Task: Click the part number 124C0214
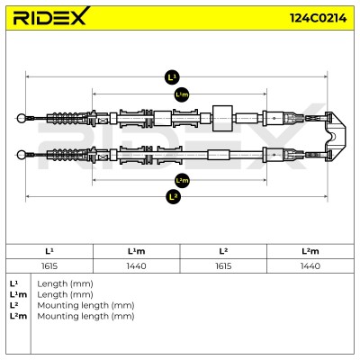coord(319,18)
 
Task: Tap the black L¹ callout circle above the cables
coord(172,77)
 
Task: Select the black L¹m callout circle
coord(182,94)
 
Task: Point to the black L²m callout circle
coord(182,180)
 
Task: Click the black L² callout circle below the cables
coord(173,196)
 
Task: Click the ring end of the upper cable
coord(22,118)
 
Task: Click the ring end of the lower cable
coord(22,155)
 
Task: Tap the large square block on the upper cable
coord(222,118)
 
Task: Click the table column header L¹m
coord(137,251)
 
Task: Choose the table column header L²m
coord(310,251)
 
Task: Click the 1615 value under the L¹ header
coord(49,266)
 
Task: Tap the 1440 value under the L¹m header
coord(137,266)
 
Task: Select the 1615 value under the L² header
coord(223,266)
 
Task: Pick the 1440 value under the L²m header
coord(310,266)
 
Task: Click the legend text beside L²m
coord(85,316)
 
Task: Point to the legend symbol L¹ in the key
coord(13,283)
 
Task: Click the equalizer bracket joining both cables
coord(336,136)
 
